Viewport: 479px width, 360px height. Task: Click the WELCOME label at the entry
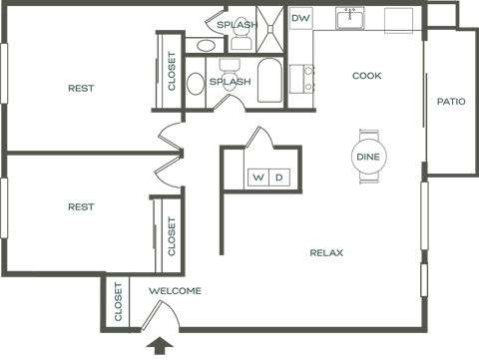[175, 291]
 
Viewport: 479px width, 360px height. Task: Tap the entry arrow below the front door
[159, 347]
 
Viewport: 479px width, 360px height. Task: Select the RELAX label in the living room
[326, 253]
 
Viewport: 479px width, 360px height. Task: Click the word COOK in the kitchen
[367, 76]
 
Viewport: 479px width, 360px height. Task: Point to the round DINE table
[366, 157]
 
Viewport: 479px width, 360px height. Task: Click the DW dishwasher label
[299, 19]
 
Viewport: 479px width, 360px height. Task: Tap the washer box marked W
[258, 177]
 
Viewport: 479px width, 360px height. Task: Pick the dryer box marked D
[279, 177]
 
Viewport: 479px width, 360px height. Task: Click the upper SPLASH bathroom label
[236, 24]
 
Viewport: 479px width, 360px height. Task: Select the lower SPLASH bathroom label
[231, 82]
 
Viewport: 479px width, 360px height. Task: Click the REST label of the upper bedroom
[81, 88]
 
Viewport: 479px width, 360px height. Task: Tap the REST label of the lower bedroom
[81, 206]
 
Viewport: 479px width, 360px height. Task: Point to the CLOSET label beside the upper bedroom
[172, 72]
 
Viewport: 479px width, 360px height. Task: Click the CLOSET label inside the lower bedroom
[172, 235]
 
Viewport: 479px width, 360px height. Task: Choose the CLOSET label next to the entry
[119, 302]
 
